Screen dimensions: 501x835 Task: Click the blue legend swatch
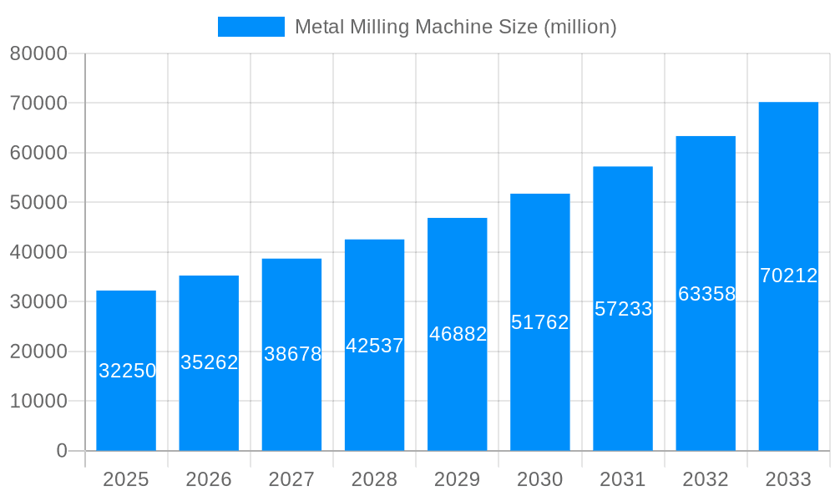coord(250,27)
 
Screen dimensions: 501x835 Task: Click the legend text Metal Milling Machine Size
coord(455,27)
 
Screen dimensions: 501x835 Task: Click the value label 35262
coord(210,362)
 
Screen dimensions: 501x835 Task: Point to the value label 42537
coord(375,346)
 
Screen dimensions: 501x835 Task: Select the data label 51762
coord(540,322)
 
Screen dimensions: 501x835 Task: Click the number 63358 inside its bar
coord(706,294)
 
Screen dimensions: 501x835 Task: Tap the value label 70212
coord(788,276)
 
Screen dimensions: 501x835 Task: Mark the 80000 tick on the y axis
coord(38,53)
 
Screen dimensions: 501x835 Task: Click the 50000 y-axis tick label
coord(38,203)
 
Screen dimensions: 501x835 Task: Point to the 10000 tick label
coord(38,402)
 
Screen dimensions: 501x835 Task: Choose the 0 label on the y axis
coord(62,451)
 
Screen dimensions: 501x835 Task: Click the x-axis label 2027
coord(291,479)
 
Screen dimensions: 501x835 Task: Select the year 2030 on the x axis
coord(540,479)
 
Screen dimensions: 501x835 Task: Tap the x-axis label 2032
coord(706,479)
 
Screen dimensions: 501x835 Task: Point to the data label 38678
coord(293,354)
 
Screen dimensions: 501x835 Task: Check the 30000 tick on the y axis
coord(38,302)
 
